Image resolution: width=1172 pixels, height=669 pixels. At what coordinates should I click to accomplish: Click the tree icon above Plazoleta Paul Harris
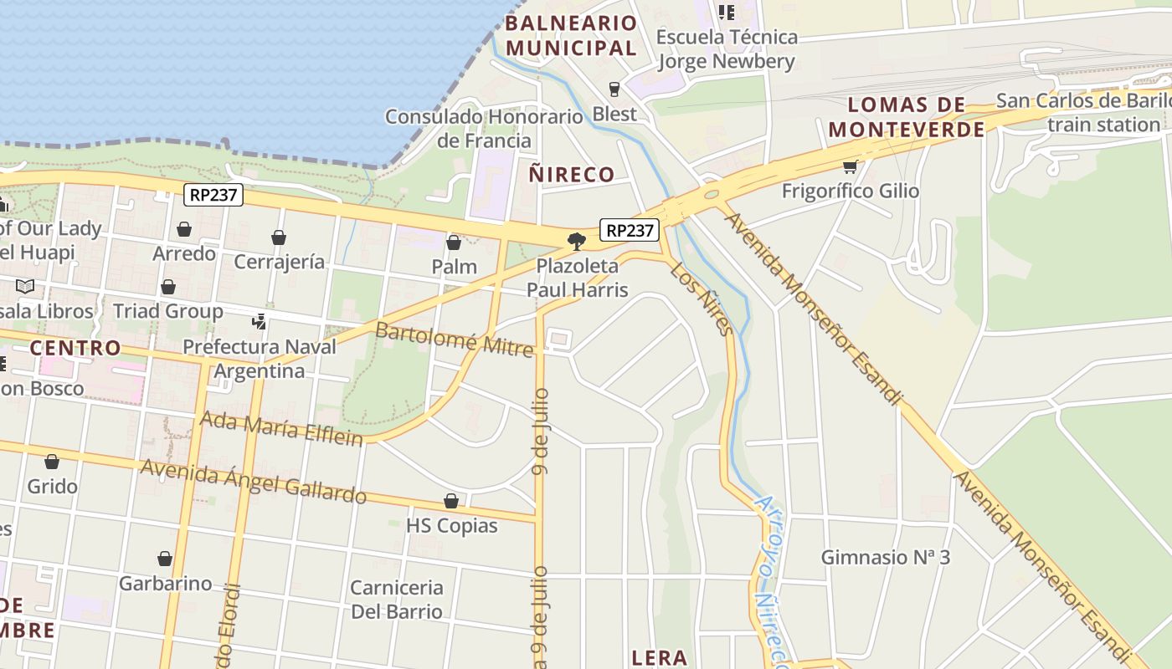576,242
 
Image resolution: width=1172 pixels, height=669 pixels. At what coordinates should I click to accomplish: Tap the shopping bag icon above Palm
454,243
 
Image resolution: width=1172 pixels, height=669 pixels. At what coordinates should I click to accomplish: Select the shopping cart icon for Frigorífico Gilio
851,166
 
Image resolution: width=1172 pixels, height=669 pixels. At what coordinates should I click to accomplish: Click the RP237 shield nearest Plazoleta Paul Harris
630,230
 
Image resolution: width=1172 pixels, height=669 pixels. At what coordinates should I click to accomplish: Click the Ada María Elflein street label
281,428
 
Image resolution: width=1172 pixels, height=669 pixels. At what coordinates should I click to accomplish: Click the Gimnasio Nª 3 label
885,557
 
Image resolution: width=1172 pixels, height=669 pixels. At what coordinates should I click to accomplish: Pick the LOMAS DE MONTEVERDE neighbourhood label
907,117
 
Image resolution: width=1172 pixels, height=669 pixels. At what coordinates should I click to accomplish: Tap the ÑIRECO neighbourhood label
572,175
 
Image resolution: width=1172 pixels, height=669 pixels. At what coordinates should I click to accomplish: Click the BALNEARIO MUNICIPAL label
571,35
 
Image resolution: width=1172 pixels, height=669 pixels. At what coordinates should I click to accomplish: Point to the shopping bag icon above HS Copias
451,502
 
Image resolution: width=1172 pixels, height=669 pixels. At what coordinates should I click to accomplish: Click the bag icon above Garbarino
165,559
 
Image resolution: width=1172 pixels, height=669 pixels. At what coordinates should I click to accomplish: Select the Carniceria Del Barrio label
397,599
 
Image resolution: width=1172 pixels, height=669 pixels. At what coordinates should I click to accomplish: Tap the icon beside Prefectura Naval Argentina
259,321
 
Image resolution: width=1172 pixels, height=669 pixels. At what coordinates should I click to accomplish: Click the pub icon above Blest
614,89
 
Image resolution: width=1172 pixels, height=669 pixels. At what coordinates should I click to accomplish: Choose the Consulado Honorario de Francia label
484,128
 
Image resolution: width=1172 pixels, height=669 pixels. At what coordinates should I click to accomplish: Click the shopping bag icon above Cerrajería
279,238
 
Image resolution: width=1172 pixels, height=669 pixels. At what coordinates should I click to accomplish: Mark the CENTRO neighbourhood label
75,347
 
